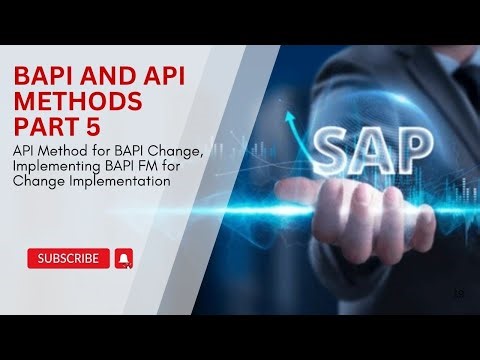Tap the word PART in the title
[x=40, y=127]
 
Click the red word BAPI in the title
[x=40, y=77]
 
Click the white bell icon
[x=125, y=259]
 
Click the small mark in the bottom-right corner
[x=459, y=292]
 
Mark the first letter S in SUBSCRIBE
[x=41, y=259]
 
